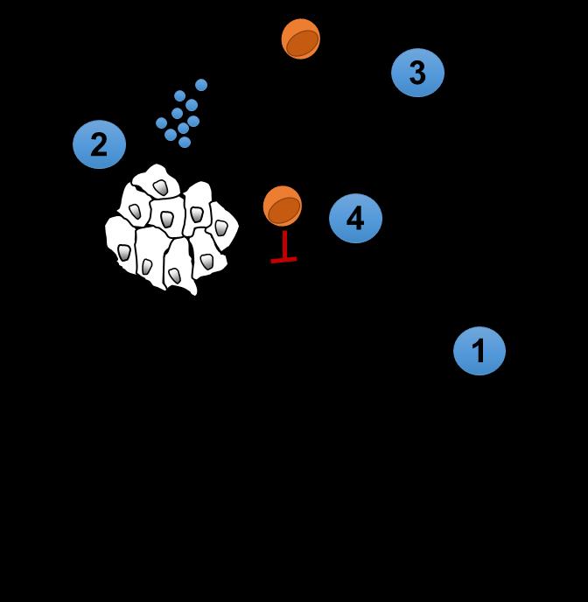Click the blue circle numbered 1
(x=479, y=351)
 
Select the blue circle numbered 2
(x=99, y=144)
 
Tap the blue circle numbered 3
(x=417, y=73)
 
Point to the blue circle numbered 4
(x=355, y=218)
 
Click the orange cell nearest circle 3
(x=301, y=38)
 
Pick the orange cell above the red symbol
(x=283, y=206)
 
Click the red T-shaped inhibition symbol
(x=283, y=246)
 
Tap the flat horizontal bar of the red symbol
(x=283, y=259)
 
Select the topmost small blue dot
(x=201, y=85)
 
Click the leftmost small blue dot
(x=161, y=123)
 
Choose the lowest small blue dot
(x=185, y=142)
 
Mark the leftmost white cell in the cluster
(x=121, y=246)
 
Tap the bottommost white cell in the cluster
(x=178, y=270)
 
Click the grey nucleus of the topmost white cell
(x=161, y=186)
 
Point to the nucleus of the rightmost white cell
(x=221, y=227)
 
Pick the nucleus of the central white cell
(x=167, y=218)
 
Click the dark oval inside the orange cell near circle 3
(x=303, y=42)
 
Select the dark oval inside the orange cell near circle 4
(x=284, y=209)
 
